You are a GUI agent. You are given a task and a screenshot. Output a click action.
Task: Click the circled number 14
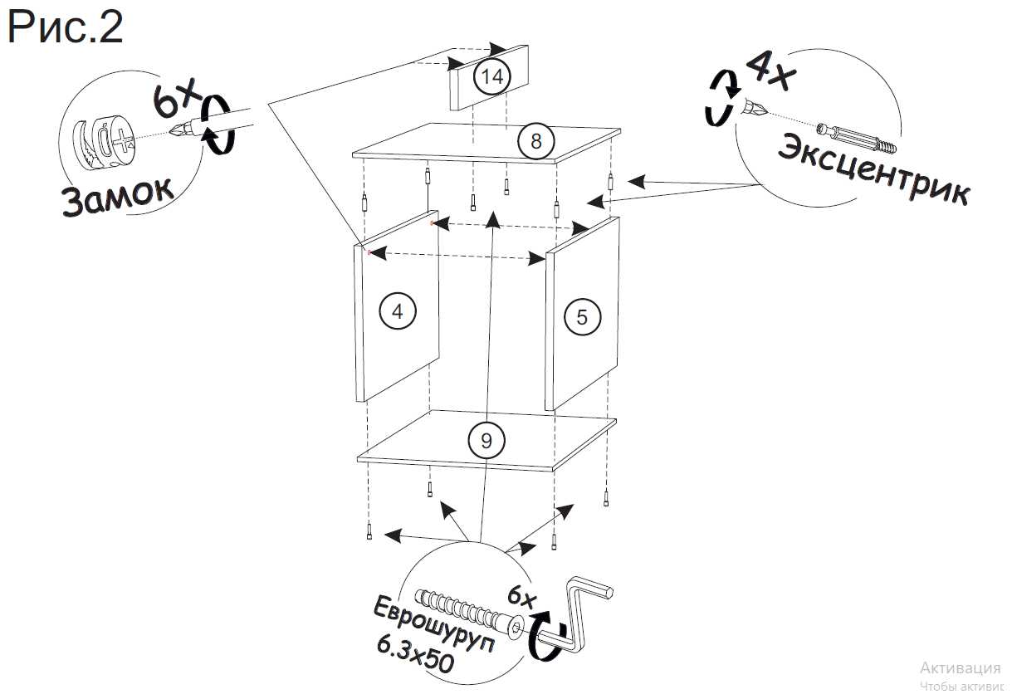(492, 77)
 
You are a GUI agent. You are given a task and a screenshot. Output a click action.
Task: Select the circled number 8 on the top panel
(536, 141)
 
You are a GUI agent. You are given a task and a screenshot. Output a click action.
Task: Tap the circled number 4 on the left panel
(397, 311)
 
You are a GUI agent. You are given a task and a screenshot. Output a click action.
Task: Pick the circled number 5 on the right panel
(581, 316)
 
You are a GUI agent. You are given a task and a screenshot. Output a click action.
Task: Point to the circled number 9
(486, 441)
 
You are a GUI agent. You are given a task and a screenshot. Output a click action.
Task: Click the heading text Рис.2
(65, 28)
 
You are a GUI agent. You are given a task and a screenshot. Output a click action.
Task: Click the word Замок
(117, 196)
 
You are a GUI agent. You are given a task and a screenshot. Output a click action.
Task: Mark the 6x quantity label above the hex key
(523, 596)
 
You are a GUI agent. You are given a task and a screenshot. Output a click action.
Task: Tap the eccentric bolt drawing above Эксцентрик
(857, 138)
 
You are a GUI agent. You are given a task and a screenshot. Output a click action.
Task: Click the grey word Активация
(960, 668)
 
